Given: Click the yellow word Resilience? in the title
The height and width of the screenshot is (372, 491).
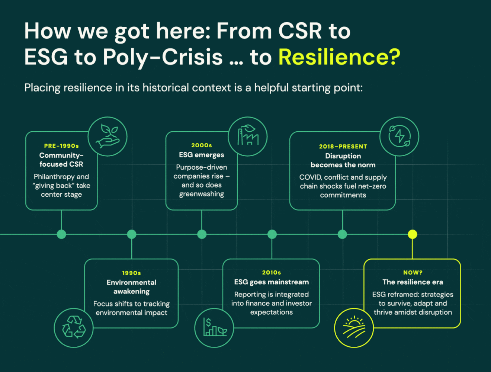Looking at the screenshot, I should coord(339,57).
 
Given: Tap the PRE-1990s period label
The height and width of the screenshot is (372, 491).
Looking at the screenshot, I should coord(61,146).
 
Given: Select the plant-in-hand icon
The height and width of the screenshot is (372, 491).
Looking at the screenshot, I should coord(107,137).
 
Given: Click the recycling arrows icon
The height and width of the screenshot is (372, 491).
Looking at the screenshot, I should coord(74,327).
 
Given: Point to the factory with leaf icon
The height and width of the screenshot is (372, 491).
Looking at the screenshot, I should coord(248,136).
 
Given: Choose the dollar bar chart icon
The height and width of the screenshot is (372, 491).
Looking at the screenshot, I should coord(214,328).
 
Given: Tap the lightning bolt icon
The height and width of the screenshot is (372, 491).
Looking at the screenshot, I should coord(399,136).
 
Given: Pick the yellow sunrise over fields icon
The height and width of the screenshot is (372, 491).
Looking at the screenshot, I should coord(354,328).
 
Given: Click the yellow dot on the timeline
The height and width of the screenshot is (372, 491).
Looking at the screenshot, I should coord(412,234).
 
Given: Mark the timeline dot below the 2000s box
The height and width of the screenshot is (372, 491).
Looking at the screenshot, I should coord(202,234).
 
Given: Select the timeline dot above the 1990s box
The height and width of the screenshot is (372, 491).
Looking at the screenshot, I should coord(132,234).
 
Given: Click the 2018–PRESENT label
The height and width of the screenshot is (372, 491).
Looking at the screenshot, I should coord(343,147).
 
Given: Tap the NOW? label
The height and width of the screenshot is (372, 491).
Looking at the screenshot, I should coord(413,273).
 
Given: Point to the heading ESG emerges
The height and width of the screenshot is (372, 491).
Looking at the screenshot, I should coord(202,155).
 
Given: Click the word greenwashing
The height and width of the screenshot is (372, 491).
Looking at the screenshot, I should coord(202,194).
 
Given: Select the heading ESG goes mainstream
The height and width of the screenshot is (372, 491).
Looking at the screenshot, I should coord(272,282).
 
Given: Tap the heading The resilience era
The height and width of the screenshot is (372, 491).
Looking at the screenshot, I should coord(413,282).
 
